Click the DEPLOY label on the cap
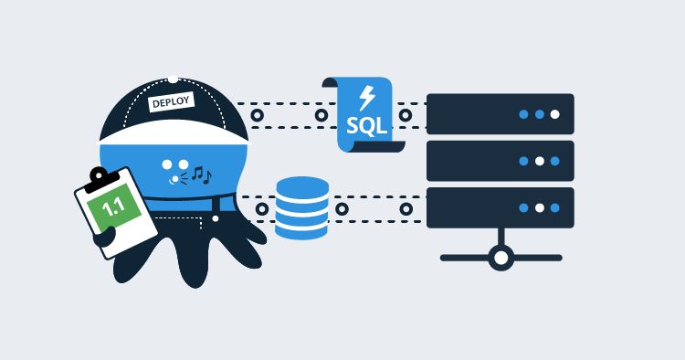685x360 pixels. coord(172,102)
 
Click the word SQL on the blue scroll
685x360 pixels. coord(365,124)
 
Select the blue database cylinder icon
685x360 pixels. coord(301,207)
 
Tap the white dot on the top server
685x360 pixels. coord(554,115)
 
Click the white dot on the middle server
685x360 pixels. coord(539,161)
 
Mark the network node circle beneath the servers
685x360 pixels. coord(501,258)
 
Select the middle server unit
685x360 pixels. coord(501,161)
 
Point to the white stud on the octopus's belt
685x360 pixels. coord(214,218)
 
